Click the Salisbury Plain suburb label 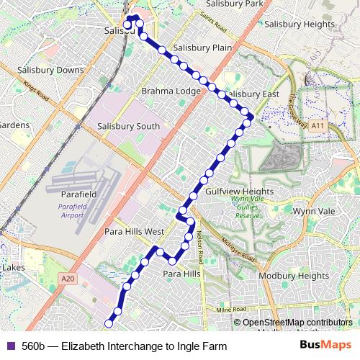coord(202,48)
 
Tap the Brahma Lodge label coord(171,91)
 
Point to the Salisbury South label coord(127,127)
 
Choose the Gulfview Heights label coord(240,192)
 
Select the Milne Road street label coord(230,310)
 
